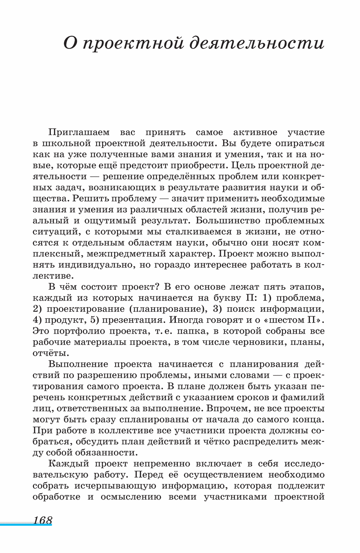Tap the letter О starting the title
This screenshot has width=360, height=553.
pos(69,44)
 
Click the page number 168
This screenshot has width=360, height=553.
pos(43,520)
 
